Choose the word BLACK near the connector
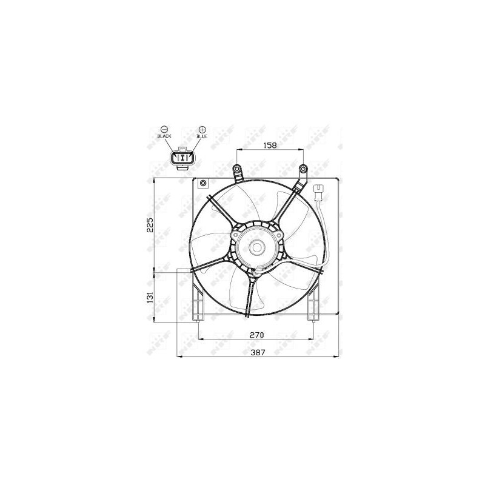click(x=164, y=137)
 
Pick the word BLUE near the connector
click(x=202, y=137)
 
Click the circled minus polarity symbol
click(x=164, y=129)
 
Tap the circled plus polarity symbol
click(x=202, y=129)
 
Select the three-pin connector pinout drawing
click(x=182, y=158)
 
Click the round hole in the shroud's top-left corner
click(x=204, y=183)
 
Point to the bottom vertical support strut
click(x=251, y=297)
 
